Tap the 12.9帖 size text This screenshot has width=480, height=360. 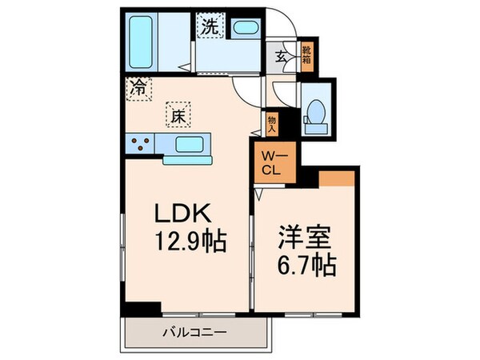click(191, 240)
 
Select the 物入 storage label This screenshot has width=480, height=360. click(271, 122)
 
